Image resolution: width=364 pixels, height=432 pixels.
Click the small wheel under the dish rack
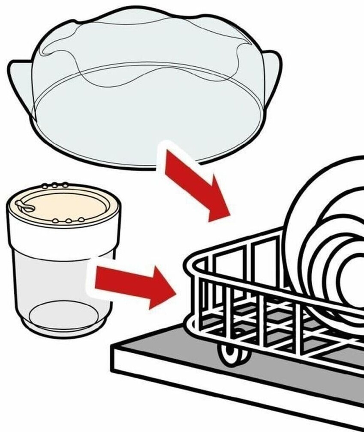[x=232, y=353]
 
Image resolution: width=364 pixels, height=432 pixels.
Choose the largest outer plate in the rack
[x=300, y=206]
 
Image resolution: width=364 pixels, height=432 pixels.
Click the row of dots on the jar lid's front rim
[x=69, y=221]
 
